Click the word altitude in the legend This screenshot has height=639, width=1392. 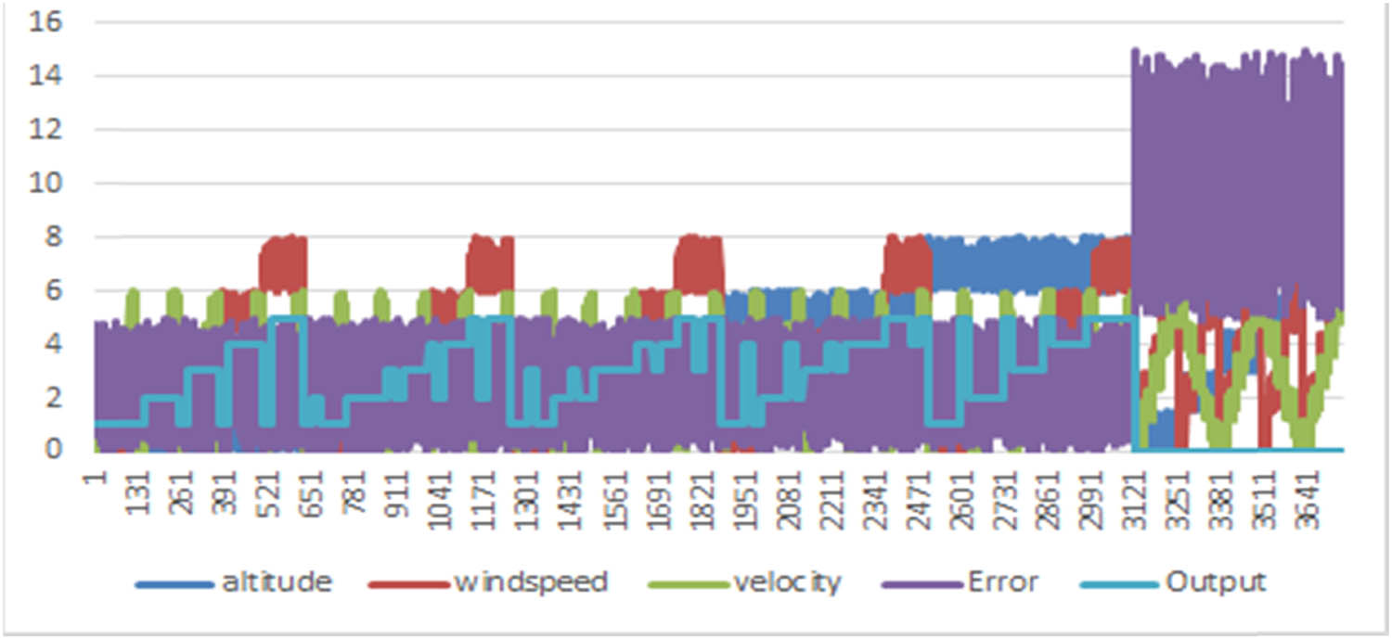tap(276, 582)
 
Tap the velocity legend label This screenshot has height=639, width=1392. tap(787, 582)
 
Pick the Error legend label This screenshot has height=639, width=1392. tap(1002, 582)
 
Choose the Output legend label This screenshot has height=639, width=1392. tap(1214, 582)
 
